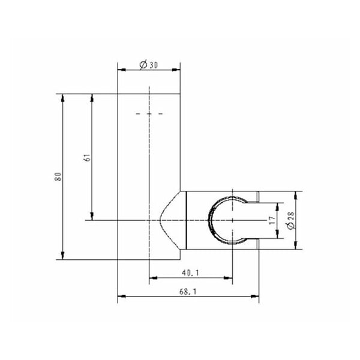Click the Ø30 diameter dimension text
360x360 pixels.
click(149, 65)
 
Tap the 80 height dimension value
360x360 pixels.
click(58, 176)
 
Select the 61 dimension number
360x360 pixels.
click(88, 157)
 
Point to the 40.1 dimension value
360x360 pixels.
click(190, 273)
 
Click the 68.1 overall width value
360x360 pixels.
click(188, 292)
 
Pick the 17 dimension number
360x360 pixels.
click(272, 220)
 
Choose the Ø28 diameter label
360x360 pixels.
click(291, 220)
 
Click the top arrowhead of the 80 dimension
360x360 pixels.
click(62, 98)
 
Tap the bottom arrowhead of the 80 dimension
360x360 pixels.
click(62, 256)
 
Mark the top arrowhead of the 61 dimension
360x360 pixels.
click(92, 98)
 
